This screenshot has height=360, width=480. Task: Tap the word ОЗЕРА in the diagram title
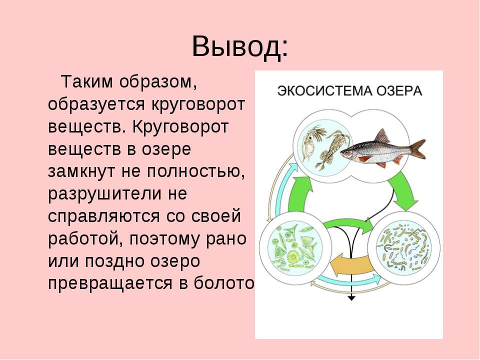click(399, 91)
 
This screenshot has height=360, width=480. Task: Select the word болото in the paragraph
click(224, 283)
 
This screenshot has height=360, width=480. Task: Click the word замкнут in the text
click(82, 171)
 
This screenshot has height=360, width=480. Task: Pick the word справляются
click(104, 216)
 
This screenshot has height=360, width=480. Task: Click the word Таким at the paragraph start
click(87, 82)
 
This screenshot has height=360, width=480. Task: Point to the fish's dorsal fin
click(382, 136)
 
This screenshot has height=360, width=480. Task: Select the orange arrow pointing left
click(351, 264)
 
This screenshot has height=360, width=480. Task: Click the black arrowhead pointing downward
click(351, 297)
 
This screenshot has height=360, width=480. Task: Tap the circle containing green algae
click(295, 247)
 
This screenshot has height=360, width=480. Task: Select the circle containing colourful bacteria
click(404, 247)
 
